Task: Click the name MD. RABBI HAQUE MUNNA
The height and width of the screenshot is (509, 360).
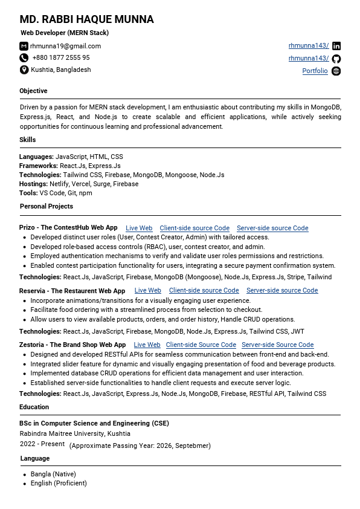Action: click(86, 19)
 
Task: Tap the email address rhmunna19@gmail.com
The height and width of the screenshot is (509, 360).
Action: click(65, 46)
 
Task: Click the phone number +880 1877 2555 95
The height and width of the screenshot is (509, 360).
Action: click(60, 58)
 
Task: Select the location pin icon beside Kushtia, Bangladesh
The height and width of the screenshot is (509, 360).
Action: click(24, 70)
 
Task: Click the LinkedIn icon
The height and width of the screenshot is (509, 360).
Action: click(336, 46)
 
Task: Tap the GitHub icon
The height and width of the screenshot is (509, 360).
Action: click(336, 59)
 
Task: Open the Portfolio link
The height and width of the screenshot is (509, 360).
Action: click(315, 71)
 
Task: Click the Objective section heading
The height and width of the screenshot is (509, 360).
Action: click(33, 91)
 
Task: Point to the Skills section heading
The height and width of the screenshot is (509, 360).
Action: click(28, 140)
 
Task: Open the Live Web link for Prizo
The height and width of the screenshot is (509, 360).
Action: click(139, 228)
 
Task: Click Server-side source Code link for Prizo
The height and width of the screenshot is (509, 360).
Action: click(272, 228)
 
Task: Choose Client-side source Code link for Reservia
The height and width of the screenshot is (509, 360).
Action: click(204, 291)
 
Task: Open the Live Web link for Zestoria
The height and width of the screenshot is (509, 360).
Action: click(147, 345)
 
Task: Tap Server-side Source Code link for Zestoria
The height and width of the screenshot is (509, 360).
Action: click(277, 345)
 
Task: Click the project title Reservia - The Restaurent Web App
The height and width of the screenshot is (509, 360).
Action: click(72, 291)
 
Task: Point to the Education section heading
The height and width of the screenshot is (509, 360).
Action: click(34, 407)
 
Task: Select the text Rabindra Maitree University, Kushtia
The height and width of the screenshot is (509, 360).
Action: click(75, 433)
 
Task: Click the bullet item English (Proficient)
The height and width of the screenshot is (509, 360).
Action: click(59, 483)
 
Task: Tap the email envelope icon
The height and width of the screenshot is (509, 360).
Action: click(24, 46)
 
